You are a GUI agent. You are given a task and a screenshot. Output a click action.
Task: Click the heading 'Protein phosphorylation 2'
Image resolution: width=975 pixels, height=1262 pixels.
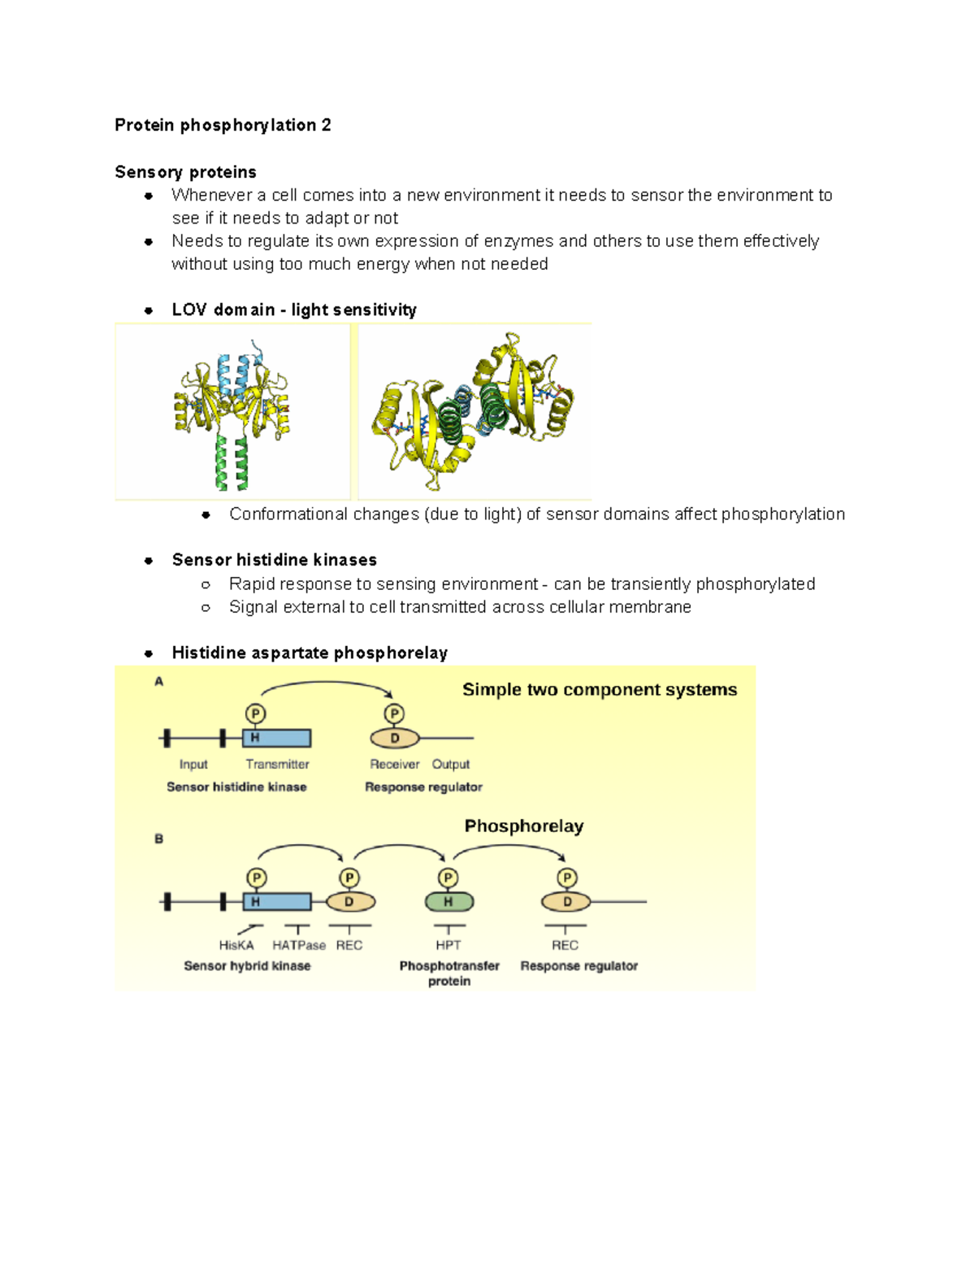[223, 125]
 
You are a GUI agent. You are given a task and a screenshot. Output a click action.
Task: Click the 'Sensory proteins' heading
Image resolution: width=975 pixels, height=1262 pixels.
[185, 172]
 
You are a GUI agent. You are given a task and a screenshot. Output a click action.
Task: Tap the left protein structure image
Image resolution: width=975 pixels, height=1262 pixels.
[232, 411]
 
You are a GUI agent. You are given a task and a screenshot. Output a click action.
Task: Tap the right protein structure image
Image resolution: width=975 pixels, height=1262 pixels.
[474, 411]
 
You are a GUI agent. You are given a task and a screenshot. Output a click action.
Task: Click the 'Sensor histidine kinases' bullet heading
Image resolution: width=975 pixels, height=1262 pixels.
[274, 560]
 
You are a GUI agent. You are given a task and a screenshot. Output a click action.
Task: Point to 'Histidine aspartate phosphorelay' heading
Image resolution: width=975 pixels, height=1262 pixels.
[310, 653]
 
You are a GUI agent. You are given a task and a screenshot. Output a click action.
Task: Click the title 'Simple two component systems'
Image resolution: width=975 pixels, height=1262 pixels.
[600, 690]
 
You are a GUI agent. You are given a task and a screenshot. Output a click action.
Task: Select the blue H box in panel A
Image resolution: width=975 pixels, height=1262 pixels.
[276, 738]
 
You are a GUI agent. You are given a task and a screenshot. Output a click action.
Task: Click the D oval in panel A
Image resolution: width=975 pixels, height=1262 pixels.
[395, 738]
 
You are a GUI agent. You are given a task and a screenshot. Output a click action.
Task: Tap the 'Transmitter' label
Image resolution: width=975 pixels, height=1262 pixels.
[277, 764]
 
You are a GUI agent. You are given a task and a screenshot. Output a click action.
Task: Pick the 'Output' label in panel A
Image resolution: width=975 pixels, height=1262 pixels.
[451, 764]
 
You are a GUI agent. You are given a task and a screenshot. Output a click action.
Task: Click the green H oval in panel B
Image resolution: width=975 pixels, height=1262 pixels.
[449, 901]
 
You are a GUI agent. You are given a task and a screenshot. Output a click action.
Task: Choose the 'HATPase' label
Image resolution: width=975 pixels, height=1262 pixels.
[299, 945]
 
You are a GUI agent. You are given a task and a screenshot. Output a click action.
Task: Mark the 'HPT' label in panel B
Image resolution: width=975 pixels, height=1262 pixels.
[448, 945]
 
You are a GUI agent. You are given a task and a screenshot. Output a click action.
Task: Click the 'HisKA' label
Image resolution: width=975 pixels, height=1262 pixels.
[236, 945]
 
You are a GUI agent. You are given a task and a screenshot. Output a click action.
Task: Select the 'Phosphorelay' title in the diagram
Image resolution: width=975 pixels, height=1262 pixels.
[524, 826]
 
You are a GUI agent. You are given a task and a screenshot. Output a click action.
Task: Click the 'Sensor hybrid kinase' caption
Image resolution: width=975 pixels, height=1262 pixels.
[247, 965]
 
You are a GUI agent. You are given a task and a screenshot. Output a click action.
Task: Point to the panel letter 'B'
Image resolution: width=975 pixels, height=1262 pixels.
[159, 839]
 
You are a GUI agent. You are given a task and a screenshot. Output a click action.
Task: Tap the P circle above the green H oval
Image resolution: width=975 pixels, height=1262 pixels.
[448, 878]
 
